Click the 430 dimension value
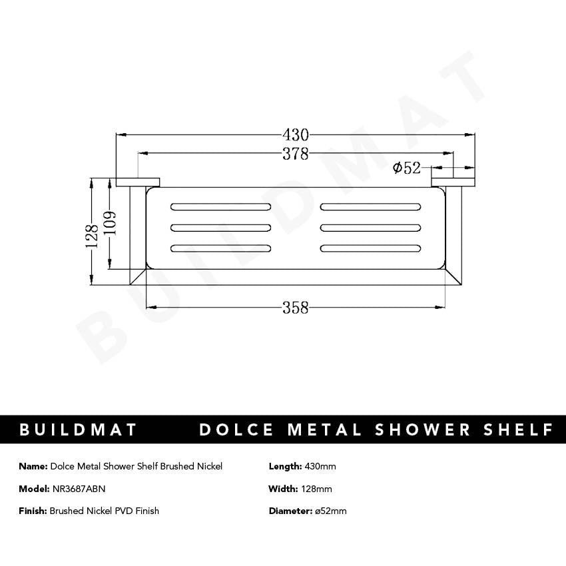coord(296,134)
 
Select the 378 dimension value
coord(296,154)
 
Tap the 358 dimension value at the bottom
coord(296,308)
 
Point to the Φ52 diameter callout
coord(406,168)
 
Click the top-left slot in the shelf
coord(221,204)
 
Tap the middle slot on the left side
coord(221,227)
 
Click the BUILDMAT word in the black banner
coord(79,429)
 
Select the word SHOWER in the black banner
coord(414,429)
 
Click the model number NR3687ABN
coord(78,489)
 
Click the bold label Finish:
coord(33,511)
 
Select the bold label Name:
coord(33,466)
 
